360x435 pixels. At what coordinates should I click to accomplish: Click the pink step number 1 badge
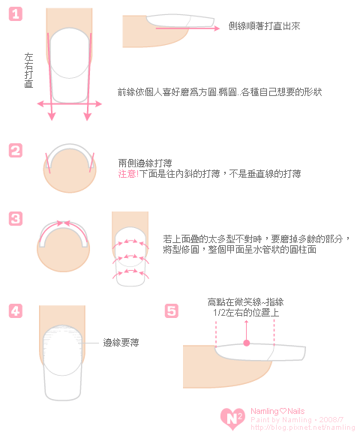point(16,13)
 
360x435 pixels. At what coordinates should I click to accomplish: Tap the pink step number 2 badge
point(16,151)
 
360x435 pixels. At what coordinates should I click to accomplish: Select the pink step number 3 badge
point(16,218)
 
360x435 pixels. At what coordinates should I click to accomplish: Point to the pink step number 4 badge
point(16,310)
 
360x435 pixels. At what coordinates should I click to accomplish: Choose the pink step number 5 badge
point(172,310)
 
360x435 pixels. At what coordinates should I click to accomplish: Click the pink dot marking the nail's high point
point(246,343)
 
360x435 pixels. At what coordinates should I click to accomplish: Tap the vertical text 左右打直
point(28,70)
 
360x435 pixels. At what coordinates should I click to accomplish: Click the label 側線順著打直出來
point(264,26)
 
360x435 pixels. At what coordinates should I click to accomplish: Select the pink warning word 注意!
point(128,174)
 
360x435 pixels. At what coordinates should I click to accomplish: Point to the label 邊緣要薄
point(121,343)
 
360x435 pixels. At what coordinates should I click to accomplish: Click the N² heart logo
point(232,418)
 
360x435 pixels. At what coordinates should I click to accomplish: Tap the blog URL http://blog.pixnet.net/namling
point(302,427)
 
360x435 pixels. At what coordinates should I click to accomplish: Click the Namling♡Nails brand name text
point(277,411)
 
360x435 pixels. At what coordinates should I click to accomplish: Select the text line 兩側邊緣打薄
point(145,163)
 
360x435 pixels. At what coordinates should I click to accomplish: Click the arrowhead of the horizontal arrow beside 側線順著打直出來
point(217,28)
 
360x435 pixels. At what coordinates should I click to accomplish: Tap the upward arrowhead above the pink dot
point(246,322)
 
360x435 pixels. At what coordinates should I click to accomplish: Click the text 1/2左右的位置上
point(246,313)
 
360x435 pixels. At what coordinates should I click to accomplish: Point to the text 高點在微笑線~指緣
point(246,302)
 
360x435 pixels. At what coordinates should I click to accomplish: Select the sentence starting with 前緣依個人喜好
point(220,92)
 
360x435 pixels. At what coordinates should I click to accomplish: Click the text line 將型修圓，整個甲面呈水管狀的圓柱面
point(240,250)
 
